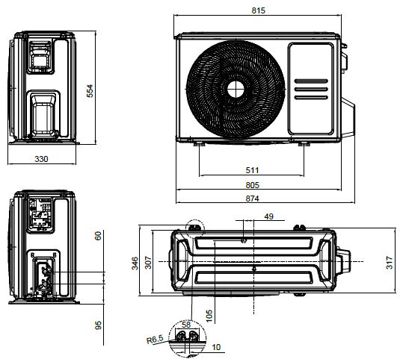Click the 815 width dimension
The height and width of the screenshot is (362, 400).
coord(259,11)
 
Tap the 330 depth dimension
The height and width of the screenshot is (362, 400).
coord(40,159)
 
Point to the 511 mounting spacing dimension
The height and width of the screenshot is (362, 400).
coord(252,171)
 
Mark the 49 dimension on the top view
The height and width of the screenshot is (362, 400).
coord(268,217)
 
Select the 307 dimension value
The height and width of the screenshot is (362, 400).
coord(148,263)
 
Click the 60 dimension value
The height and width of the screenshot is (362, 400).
coord(98,235)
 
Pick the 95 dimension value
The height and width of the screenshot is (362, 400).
coord(98,325)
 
